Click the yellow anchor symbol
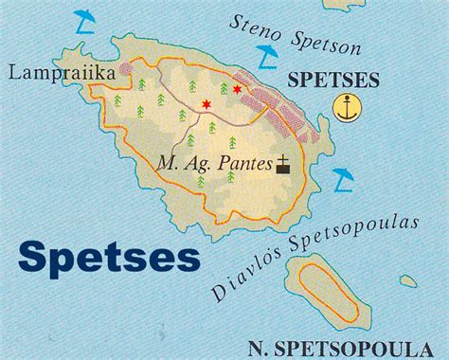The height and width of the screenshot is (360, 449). [348, 109]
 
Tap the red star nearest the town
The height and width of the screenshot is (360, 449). [237, 88]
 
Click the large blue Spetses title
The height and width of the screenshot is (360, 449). [109, 253]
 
